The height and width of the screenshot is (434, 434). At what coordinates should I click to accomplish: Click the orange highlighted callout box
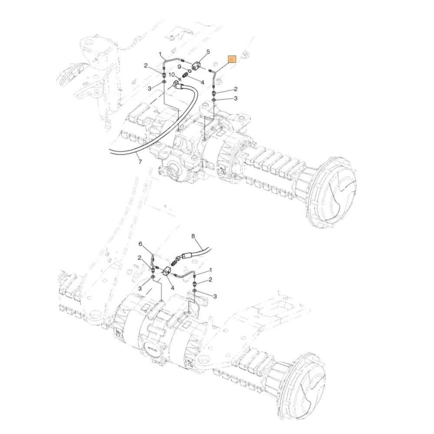click(x=232, y=59)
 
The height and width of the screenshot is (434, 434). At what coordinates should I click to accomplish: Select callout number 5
click(x=208, y=52)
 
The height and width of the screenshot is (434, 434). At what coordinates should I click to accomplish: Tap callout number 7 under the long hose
click(x=140, y=162)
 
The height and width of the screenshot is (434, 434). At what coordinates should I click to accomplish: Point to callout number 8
click(x=194, y=237)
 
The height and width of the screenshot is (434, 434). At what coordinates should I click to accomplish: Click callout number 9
click(x=179, y=67)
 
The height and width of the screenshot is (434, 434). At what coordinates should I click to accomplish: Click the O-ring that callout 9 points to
click(x=190, y=70)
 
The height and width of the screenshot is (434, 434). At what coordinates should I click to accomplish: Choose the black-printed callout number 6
click(x=140, y=244)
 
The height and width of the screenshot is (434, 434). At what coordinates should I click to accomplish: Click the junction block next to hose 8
click(x=168, y=273)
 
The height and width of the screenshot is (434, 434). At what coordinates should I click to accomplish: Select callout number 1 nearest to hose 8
click(x=210, y=270)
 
